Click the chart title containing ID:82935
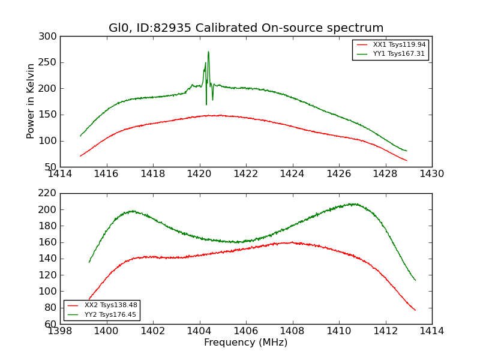pos(246,28)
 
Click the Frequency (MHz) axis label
pos(246,343)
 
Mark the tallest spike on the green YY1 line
pos(208,52)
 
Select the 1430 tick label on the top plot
pos(432,174)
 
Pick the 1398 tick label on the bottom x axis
pos(61,331)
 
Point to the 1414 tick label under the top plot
pos(61,174)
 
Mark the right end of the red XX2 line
pos(415,310)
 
